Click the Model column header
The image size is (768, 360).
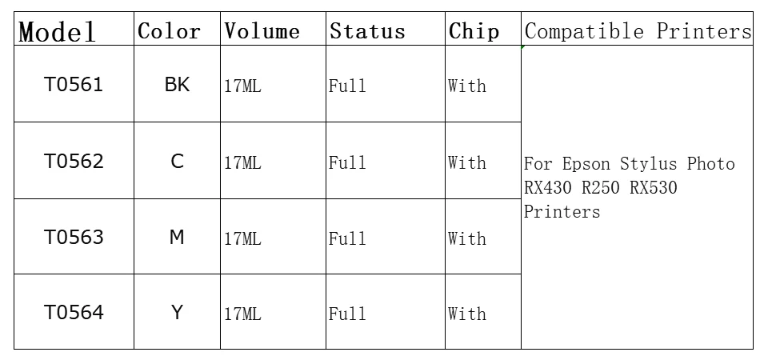point(57,32)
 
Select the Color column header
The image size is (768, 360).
point(169,31)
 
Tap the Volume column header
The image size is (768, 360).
point(262,31)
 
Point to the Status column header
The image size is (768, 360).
point(367,31)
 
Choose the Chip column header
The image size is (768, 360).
point(474,31)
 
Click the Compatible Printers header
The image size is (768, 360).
point(638,31)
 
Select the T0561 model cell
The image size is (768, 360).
point(74,85)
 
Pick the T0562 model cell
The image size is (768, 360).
point(74,161)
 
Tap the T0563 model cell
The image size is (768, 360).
point(74,237)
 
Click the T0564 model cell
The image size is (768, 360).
point(74,312)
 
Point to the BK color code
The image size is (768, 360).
point(177,85)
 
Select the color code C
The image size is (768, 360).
point(178,161)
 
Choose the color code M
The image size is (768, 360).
point(177,237)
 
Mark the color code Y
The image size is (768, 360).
point(177,312)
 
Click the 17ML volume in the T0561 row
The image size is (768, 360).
point(243,86)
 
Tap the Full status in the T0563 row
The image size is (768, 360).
point(347,238)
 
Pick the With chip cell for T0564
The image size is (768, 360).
point(467,314)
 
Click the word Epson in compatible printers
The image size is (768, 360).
point(586,163)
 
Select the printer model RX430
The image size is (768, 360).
point(547,187)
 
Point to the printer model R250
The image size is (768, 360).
point(601,187)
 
